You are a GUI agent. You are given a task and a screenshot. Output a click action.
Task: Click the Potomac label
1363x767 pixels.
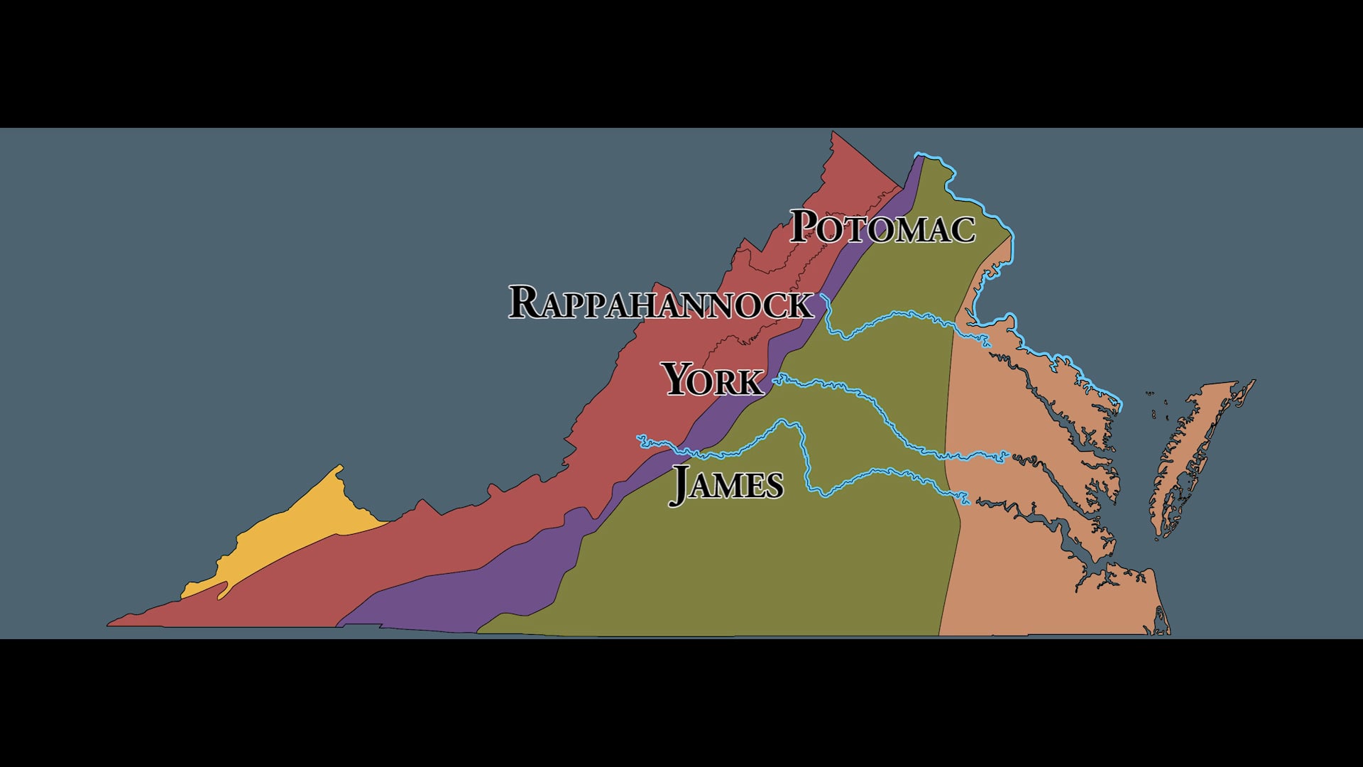point(882,227)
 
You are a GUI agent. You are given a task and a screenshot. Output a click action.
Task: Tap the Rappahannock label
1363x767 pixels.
point(660,303)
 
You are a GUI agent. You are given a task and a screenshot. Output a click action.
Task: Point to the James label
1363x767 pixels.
point(726,484)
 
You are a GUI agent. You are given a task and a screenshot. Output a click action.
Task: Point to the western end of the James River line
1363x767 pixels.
point(639,437)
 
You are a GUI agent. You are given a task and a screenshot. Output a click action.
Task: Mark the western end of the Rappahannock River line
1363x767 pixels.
point(822,295)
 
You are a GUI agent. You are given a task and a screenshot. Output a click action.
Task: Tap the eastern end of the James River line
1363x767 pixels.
point(968,502)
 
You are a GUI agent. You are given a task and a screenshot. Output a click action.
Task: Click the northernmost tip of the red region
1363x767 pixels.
point(833,132)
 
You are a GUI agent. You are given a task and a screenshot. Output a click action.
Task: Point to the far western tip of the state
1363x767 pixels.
point(109,625)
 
